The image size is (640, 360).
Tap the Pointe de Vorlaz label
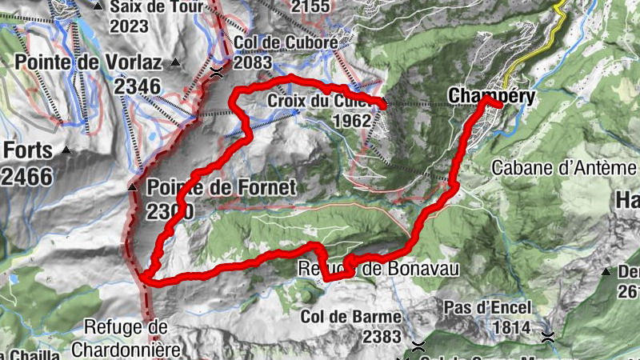pyautogui.click(x=88, y=62)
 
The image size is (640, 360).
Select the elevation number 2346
pyautogui.click(x=137, y=86)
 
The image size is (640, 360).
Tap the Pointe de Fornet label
pyautogui.click(x=222, y=189)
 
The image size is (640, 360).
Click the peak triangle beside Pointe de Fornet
pyautogui.click(x=133, y=188)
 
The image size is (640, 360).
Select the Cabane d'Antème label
pyautogui.click(x=565, y=168)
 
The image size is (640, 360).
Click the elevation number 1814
pyautogui.click(x=512, y=328)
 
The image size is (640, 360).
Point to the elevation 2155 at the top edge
pyautogui.click(x=310, y=7)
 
